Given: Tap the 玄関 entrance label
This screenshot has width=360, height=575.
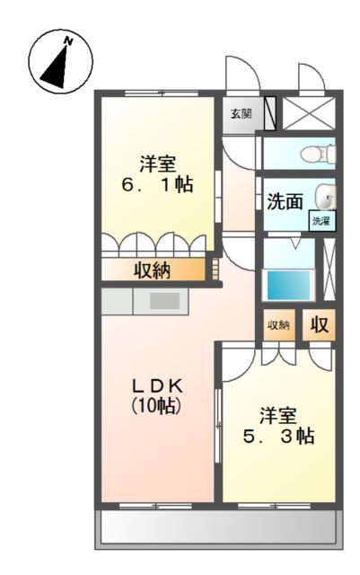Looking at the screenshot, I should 240,114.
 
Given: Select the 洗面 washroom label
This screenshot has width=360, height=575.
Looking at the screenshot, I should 285,201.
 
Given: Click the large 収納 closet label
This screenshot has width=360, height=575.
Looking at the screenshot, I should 153,270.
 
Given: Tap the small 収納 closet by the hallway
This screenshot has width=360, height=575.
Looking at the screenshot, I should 277,324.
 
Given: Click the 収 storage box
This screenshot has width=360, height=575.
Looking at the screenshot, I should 319,324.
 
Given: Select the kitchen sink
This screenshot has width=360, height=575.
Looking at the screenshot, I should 163,302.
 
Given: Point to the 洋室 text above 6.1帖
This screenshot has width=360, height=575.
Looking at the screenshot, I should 157,164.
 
